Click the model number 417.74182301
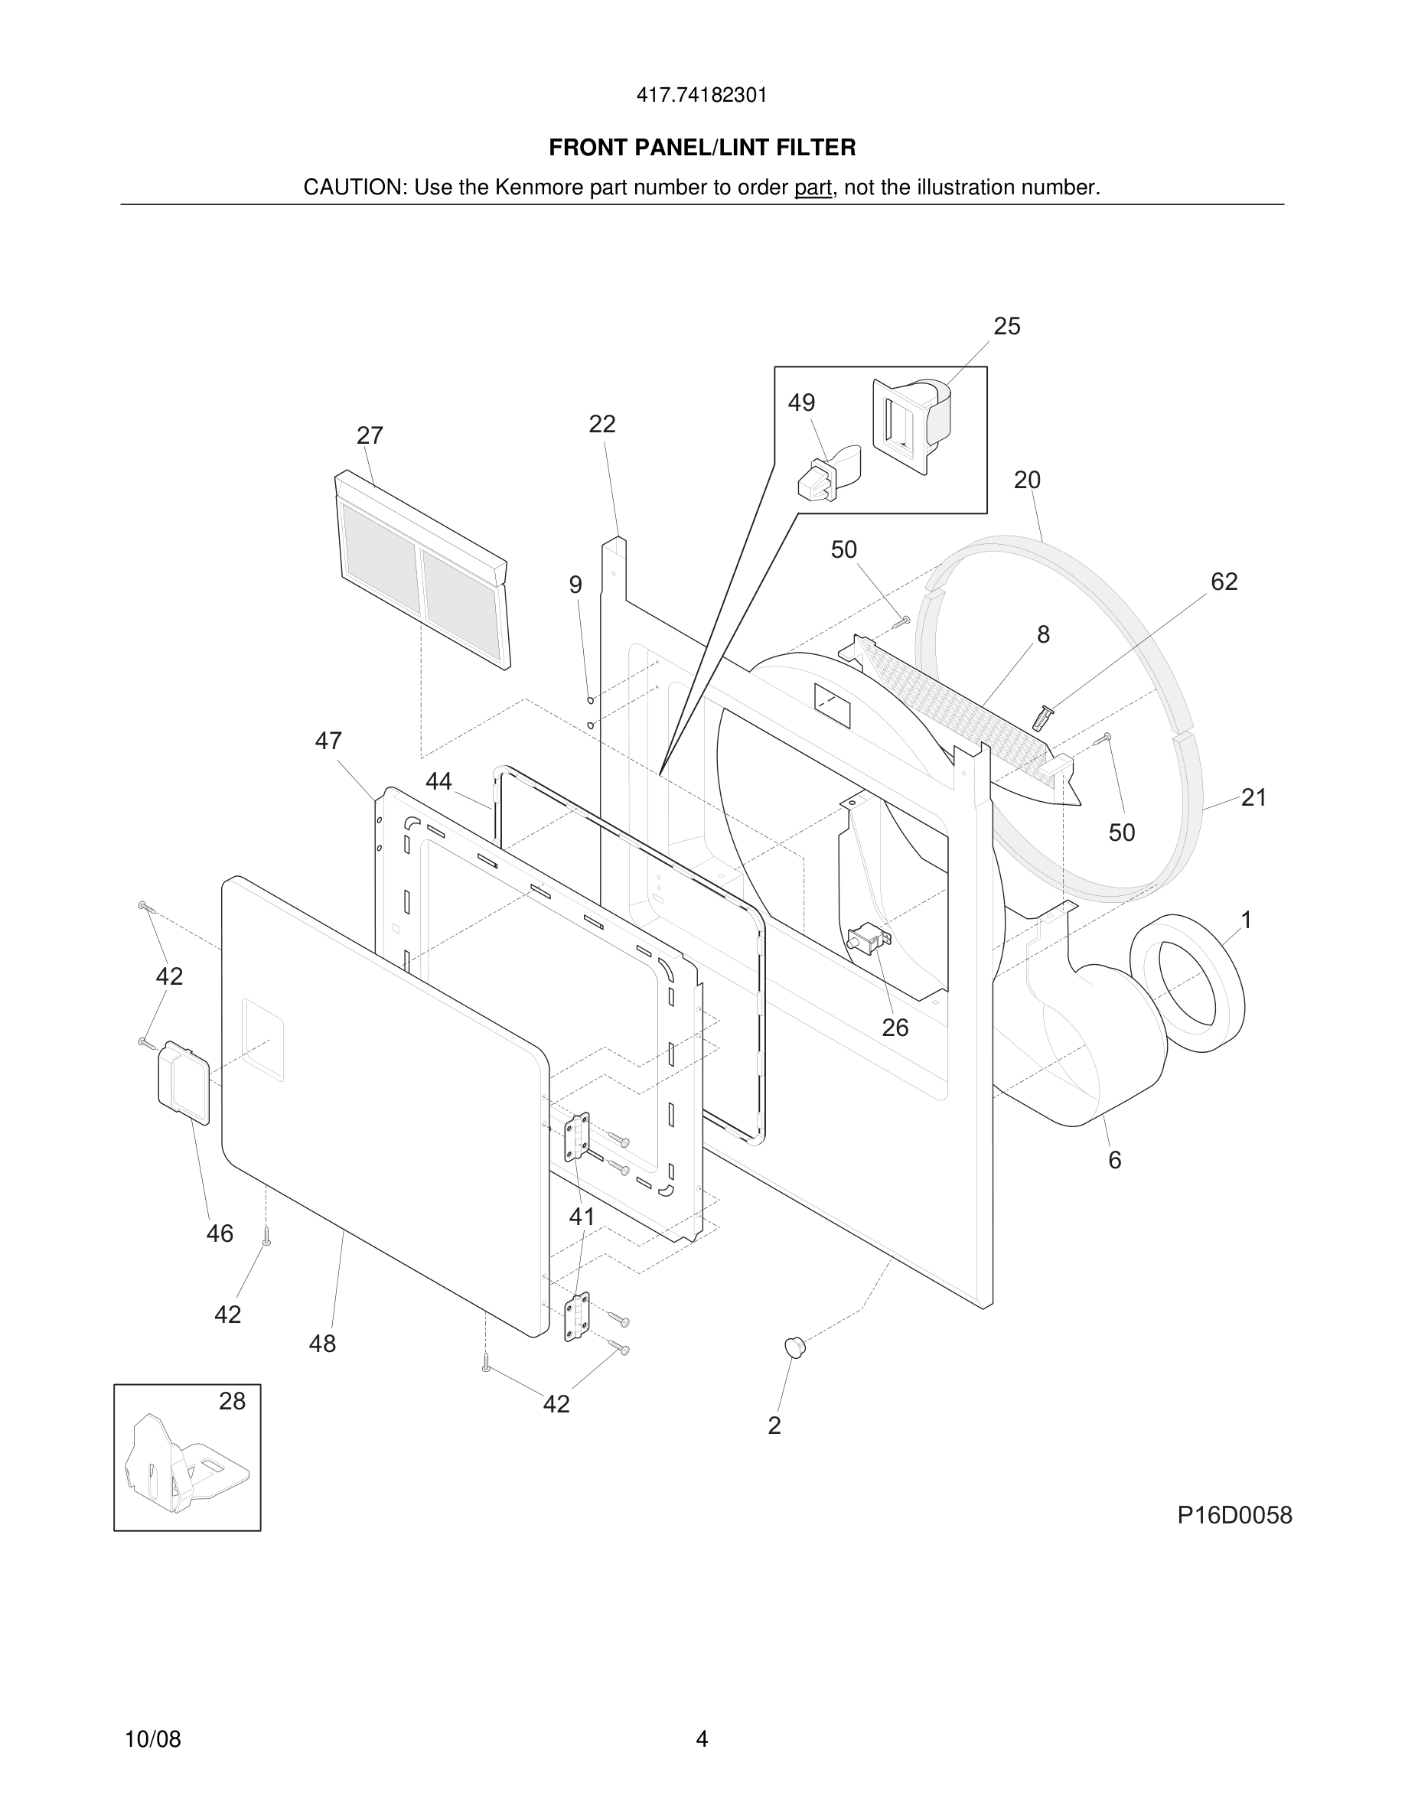click(x=702, y=96)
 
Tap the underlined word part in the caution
click(x=813, y=187)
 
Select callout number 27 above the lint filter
click(x=370, y=435)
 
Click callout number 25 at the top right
click(x=1006, y=326)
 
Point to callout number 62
click(x=1224, y=582)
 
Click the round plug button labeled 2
click(x=796, y=1345)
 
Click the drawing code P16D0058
click(x=1234, y=1515)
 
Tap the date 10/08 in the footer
click(x=152, y=1739)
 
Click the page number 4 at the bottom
click(x=702, y=1738)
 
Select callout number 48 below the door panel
click(x=322, y=1344)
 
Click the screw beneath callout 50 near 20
click(x=902, y=621)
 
